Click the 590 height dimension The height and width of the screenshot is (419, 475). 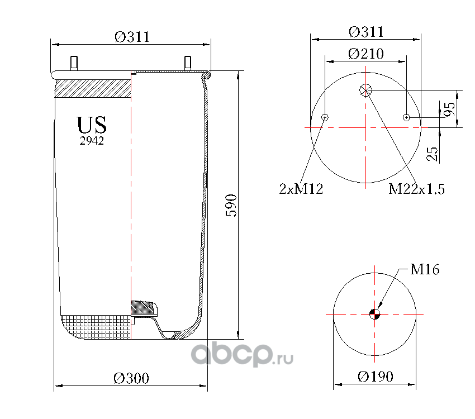pyautogui.click(x=231, y=205)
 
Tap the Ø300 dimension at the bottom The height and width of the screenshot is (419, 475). pyautogui.click(x=131, y=378)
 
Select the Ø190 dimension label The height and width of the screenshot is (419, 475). pyautogui.click(x=376, y=377)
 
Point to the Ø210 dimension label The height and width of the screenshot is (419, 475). pyautogui.click(x=366, y=54)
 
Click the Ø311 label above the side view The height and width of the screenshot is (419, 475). pyautogui.click(x=132, y=37)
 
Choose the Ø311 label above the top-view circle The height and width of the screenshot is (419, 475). pyautogui.click(x=366, y=32)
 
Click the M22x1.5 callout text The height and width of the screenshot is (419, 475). pyautogui.click(x=416, y=189)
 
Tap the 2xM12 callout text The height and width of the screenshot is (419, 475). pyautogui.click(x=301, y=189)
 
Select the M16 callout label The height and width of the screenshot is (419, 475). pyautogui.click(x=425, y=269)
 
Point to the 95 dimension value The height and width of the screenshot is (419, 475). pyautogui.click(x=449, y=109)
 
